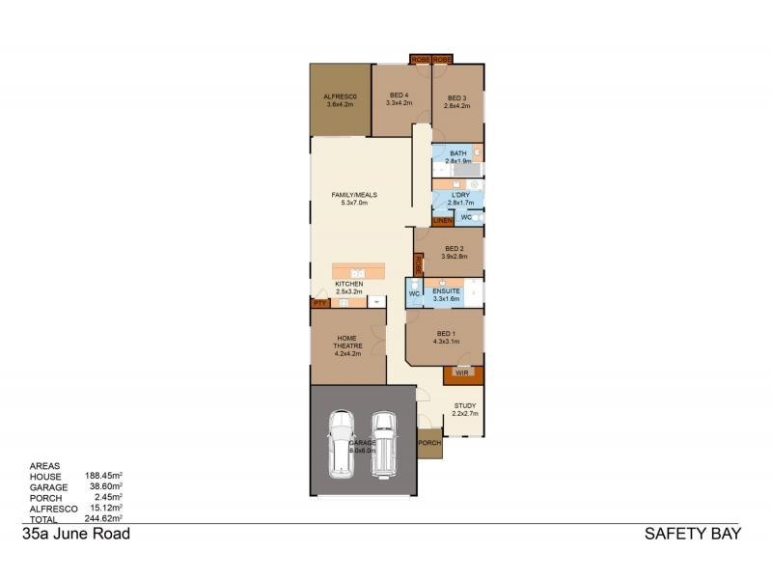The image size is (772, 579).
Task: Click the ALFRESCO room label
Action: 341,96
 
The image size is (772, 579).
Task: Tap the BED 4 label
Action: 398,95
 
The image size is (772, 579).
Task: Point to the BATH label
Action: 457,153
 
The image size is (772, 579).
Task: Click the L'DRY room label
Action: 460,196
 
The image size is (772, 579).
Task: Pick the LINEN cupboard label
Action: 443,221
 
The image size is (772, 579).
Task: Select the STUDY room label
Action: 465,406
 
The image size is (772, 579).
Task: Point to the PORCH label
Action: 429,443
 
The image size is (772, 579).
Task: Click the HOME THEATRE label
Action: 347,343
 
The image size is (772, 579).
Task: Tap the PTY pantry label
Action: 319,303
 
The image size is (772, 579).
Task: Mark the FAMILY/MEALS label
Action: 354,195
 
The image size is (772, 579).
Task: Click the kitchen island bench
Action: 358,269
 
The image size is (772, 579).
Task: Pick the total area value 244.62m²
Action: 99,518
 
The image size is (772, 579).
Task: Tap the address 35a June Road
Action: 75,533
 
